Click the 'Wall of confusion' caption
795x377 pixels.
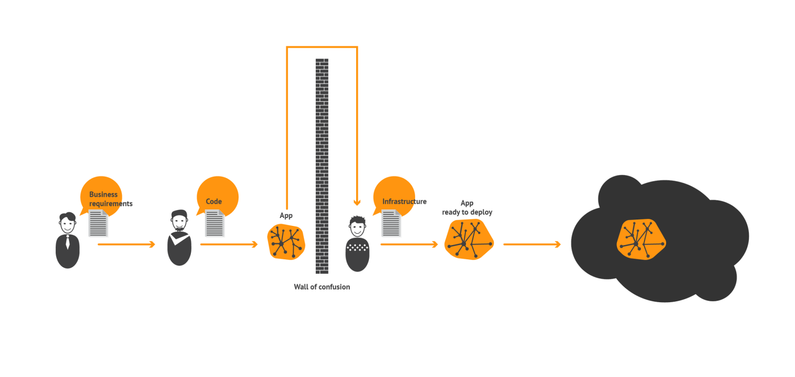pyautogui.click(x=322, y=287)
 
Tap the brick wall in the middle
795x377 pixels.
pyautogui.click(x=322, y=166)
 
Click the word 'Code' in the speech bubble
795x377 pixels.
pyautogui.click(x=214, y=201)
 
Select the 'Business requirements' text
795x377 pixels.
pyautogui.click(x=111, y=199)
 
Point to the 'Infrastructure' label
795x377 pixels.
pyautogui.click(x=404, y=201)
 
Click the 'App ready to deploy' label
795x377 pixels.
pyautogui.click(x=467, y=208)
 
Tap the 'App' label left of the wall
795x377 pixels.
pyautogui.click(x=286, y=215)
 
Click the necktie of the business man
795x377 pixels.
pyautogui.click(x=67, y=242)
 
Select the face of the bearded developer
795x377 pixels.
pyautogui.click(x=179, y=223)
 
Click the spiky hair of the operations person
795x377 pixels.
pyautogui.click(x=357, y=220)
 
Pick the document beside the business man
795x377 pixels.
pyautogui.click(x=98, y=223)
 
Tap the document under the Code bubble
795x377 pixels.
pyautogui.click(x=215, y=223)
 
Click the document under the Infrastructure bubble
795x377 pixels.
pyautogui.click(x=391, y=223)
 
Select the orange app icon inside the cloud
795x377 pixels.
pyautogui.click(x=641, y=239)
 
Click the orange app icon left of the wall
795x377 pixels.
pyautogui.click(x=286, y=242)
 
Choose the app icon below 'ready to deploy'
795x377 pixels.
pyautogui.click(x=469, y=239)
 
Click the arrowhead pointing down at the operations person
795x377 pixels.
pyautogui.click(x=357, y=203)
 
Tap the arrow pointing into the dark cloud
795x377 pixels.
pyautogui.click(x=532, y=244)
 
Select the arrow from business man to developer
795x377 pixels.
pyautogui.click(x=126, y=244)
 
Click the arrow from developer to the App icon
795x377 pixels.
pyautogui.click(x=229, y=244)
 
